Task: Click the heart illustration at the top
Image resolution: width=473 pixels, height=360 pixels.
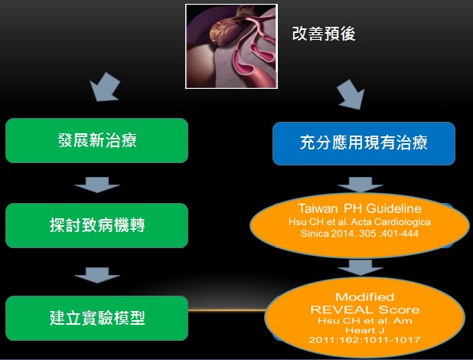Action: pyautogui.click(x=231, y=46)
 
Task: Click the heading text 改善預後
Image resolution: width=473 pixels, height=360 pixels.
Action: pyautogui.click(x=324, y=34)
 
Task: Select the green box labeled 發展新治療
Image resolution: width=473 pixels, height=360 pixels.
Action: pyautogui.click(x=97, y=140)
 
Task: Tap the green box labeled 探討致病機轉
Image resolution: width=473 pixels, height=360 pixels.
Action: pyautogui.click(x=97, y=225)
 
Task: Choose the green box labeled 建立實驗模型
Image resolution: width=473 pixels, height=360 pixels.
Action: pyautogui.click(x=97, y=318)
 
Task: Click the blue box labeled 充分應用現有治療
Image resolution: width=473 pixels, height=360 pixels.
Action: pyautogui.click(x=364, y=143)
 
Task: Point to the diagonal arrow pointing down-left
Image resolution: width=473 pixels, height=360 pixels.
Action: pyautogui.click(x=105, y=87)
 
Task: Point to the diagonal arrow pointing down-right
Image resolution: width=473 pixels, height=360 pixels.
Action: pyautogui.click(x=351, y=94)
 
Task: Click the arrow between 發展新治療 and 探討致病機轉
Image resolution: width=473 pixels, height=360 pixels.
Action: pyautogui.click(x=97, y=185)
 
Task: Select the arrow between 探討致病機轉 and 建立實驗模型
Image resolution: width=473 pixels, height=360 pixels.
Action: pyautogui.click(x=97, y=275)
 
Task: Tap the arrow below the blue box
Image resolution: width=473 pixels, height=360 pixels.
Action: pyautogui.click(x=360, y=185)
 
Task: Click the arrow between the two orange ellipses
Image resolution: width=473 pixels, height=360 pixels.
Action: pyautogui.click(x=360, y=267)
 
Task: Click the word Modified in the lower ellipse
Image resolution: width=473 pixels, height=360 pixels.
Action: pyautogui.click(x=365, y=297)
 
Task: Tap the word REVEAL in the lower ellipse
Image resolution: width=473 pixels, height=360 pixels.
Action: pyautogui.click(x=341, y=309)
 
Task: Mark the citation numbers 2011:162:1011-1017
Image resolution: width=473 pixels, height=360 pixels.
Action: pyautogui.click(x=364, y=340)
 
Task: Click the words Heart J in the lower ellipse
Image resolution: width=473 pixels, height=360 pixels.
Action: pyautogui.click(x=365, y=330)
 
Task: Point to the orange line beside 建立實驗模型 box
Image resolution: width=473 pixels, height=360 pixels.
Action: pyautogui.click(x=227, y=310)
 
